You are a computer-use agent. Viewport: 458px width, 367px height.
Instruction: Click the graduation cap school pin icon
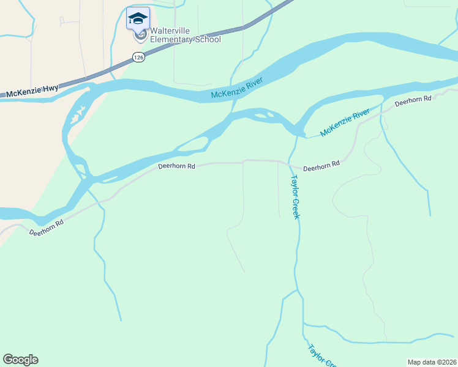(x=138, y=18)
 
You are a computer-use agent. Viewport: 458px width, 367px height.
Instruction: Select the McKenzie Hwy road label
(x=33, y=90)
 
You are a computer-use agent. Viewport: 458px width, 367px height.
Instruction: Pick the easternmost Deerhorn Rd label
(x=413, y=101)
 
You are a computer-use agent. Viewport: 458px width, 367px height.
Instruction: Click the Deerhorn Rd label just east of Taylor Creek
(x=321, y=166)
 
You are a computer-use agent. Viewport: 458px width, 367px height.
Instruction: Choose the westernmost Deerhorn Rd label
(x=46, y=228)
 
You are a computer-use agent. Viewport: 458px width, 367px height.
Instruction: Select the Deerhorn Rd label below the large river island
(x=176, y=166)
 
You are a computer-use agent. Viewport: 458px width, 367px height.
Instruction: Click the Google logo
(x=20, y=360)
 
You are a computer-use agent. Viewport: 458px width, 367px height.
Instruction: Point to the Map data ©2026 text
(x=432, y=361)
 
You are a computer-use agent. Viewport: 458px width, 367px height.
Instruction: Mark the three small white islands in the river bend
(x=77, y=113)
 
